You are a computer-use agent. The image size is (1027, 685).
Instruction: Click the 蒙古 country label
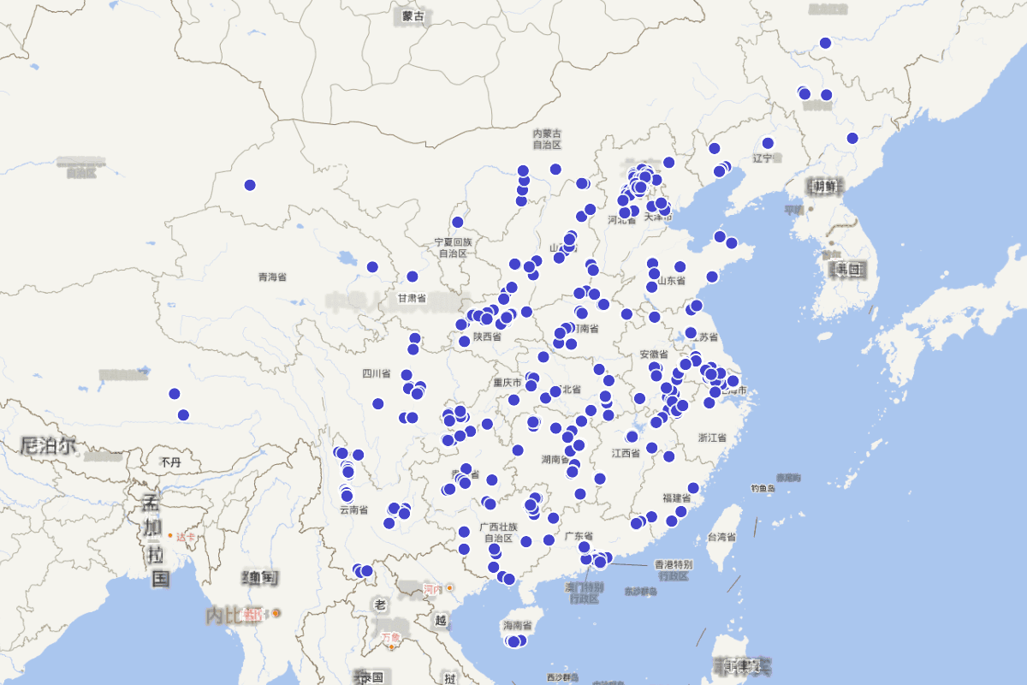[x=413, y=16]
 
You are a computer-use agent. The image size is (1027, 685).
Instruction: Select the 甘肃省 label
[x=412, y=298]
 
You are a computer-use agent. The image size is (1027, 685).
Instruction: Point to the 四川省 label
[x=376, y=373]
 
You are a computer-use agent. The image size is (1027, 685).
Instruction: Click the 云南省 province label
[x=353, y=509]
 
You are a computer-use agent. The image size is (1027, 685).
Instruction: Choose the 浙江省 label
[x=712, y=438]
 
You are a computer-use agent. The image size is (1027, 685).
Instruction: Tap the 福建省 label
[x=676, y=497]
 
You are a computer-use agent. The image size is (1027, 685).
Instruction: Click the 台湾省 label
[x=721, y=537]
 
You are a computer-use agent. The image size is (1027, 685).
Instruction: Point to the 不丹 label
[x=170, y=462]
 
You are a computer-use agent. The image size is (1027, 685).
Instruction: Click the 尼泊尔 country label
[x=48, y=445]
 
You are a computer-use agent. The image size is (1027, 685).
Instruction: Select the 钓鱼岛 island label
[x=763, y=488]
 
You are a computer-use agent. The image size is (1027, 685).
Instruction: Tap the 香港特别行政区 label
[x=673, y=570]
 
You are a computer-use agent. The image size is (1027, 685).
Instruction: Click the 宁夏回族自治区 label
[x=453, y=248]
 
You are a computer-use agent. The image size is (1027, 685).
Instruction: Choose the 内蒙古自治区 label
[x=547, y=139]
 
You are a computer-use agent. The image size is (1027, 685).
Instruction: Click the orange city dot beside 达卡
[x=170, y=536]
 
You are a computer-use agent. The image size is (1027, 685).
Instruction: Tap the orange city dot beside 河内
[x=449, y=588]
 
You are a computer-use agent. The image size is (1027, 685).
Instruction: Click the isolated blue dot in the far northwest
[x=250, y=185]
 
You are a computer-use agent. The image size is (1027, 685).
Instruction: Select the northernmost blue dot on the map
[x=825, y=43]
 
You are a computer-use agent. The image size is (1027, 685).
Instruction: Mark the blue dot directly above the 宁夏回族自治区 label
[x=458, y=223]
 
